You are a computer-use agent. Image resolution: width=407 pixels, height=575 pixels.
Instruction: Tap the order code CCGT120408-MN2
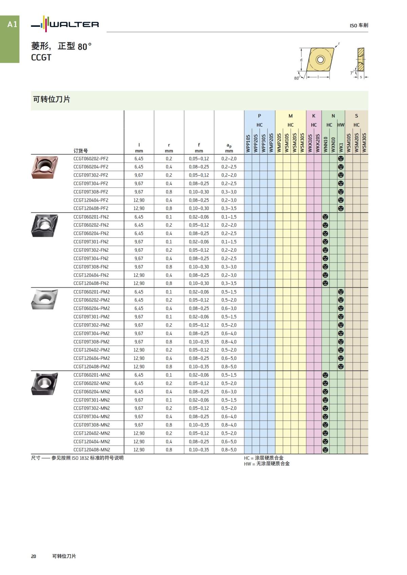coord(92,450)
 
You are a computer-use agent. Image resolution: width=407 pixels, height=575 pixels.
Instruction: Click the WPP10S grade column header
coord(248,143)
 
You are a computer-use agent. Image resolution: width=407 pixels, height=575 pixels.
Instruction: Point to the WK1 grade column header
coord(341,147)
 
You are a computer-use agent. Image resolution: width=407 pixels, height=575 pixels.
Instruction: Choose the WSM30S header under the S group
coord(364,142)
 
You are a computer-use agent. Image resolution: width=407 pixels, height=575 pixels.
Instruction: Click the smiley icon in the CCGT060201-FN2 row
coord(325,217)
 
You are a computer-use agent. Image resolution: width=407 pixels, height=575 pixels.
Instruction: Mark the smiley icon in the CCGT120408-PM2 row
coord(341,367)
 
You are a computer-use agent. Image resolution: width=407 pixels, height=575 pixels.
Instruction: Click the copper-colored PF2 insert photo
coord(44,167)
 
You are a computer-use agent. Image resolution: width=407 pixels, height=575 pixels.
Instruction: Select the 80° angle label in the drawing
coord(297,78)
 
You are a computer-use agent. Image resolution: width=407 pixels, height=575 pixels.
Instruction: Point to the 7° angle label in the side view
coord(352,73)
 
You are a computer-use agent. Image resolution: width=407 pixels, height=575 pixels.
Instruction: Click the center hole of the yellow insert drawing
coord(320,60)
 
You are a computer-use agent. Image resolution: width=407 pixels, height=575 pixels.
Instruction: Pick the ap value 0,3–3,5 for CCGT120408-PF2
coord(229,208)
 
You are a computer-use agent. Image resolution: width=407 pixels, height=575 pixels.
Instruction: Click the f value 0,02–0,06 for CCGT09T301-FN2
coord(199,242)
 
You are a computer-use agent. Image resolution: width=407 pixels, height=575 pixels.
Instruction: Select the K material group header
coord(314,116)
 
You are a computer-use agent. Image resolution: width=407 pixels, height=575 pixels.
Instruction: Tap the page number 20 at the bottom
coord(34,556)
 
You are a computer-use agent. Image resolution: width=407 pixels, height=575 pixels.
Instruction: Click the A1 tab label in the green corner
coord(12,24)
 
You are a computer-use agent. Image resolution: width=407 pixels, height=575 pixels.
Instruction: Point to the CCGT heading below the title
coord(41,58)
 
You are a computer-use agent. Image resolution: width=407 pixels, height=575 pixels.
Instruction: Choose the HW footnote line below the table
coord(267,464)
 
